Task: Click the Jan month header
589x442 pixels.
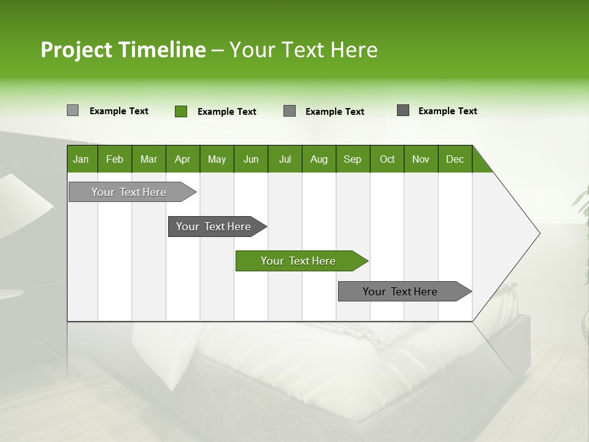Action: coord(82,159)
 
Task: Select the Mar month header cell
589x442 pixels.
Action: coord(148,159)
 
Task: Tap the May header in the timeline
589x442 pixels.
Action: coord(217,159)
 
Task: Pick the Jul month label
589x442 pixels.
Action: coord(285,159)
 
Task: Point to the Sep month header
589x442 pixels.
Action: coord(352,159)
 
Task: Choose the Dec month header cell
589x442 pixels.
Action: coord(455,159)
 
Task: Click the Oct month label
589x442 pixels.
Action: coord(387,159)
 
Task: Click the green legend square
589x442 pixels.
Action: coord(181,111)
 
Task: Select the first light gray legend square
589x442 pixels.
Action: coord(72,110)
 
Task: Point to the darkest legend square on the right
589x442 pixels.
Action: coord(403,110)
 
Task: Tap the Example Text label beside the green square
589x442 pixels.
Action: coord(226,112)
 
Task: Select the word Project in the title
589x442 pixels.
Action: coord(77,50)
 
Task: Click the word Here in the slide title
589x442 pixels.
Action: coord(354,50)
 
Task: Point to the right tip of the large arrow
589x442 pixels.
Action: coord(538,233)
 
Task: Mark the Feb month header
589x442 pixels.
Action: coord(115,159)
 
